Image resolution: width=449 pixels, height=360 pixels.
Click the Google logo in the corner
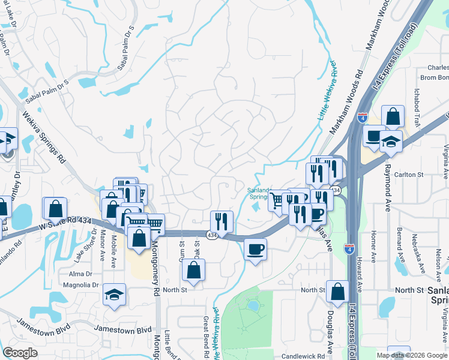[x=20, y=353]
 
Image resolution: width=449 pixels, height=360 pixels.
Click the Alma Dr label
[x=80, y=273]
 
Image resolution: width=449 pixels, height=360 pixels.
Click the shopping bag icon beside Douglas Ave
[x=338, y=292]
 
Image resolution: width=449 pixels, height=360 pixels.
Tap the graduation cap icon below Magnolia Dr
[x=114, y=295]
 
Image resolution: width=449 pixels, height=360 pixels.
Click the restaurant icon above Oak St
[x=221, y=222]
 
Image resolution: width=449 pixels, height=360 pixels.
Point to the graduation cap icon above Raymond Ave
[x=391, y=142]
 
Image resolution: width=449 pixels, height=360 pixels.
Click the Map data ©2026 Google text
[x=412, y=355]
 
